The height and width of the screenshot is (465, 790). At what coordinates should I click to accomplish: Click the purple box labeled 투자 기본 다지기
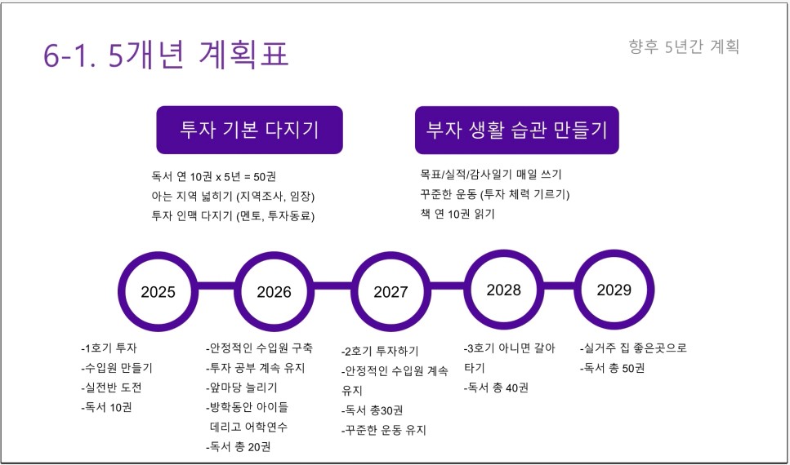249,130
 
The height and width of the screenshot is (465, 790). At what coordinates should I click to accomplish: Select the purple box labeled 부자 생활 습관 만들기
517,130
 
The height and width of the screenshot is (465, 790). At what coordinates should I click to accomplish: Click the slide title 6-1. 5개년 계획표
166,54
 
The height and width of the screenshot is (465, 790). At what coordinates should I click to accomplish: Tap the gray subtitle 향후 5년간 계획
684,46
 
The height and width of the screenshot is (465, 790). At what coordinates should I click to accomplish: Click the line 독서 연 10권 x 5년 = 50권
213,177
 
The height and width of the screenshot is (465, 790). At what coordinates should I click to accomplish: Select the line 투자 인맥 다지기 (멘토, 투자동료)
233,216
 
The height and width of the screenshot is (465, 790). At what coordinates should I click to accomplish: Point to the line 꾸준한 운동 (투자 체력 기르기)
495,194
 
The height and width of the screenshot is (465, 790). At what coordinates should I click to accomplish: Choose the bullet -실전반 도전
111,387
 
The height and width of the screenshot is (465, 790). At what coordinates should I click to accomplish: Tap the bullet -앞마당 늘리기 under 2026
241,387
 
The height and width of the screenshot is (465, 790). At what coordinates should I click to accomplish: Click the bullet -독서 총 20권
239,447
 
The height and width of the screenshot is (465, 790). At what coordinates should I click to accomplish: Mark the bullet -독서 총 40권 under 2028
496,388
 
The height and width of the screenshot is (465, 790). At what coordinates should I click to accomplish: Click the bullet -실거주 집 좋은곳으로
633,348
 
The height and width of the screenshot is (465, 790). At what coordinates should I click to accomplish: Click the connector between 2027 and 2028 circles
448,286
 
